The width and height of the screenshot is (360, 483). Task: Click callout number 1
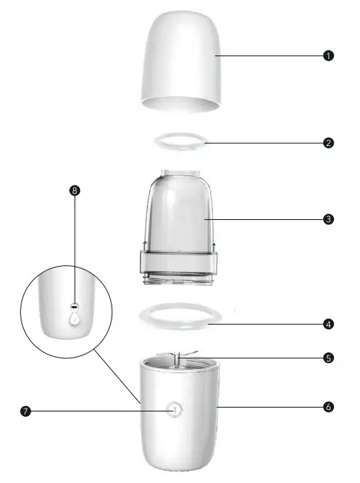click(x=328, y=55)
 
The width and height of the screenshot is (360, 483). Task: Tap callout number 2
click(x=328, y=142)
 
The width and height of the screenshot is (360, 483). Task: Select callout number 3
click(x=328, y=218)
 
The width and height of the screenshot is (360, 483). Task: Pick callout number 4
click(x=328, y=324)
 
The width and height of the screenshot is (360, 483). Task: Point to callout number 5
click(x=328, y=357)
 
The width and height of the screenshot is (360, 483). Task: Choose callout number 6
click(x=328, y=405)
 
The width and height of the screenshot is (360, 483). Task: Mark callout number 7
click(x=26, y=411)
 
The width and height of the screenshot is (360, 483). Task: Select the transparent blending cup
click(x=178, y=212)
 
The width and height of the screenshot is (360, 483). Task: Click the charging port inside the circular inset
click(x=75, y=305)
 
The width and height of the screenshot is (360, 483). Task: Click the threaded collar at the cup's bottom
click(x=178, y=263)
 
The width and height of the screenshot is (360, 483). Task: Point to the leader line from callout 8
click(x=75, y=246)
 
